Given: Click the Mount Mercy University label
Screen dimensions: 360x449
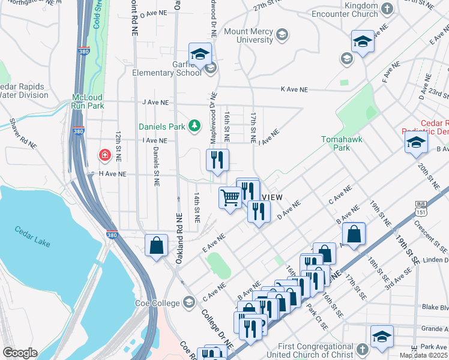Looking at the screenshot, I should (248, 35).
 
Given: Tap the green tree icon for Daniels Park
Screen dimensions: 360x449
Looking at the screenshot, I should (194, 125).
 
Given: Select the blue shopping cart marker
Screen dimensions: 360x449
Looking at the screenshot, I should (230, 197).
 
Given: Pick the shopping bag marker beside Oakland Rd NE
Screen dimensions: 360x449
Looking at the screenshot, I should (156, 245).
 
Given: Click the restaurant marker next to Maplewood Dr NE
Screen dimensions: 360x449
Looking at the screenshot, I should (217, 160).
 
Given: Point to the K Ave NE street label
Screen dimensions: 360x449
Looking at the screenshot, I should (294, 89).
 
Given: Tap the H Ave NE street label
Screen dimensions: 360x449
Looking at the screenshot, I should (112, 173).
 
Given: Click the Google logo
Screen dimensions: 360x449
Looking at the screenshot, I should (20, 353).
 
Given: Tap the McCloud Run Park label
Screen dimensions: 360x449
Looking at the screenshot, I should (88, 101).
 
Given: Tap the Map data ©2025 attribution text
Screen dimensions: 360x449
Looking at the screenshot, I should (423, 355).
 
